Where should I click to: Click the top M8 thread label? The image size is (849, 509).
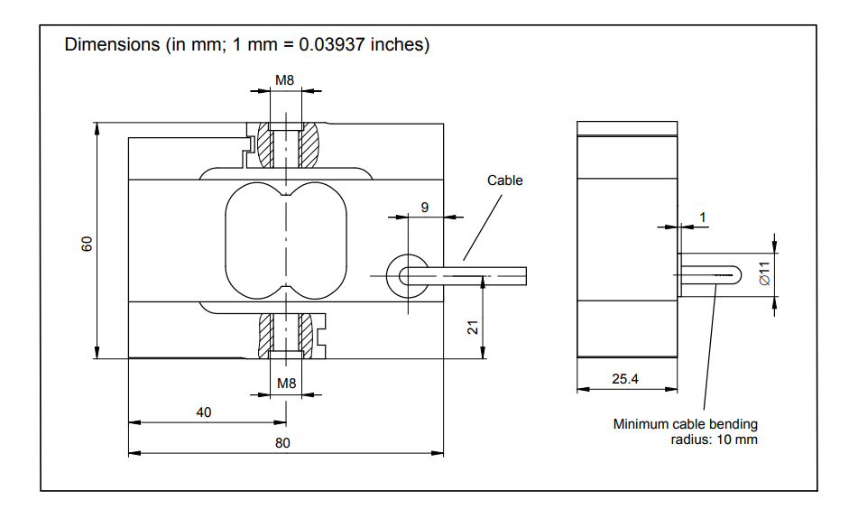[285, 80]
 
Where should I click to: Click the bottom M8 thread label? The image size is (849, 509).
[286, 384]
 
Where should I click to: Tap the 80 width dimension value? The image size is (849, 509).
[282, 443]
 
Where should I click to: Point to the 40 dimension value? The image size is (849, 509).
[204, 412]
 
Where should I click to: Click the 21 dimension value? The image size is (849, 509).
[473, 327]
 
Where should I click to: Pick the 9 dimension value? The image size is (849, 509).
[425, 207]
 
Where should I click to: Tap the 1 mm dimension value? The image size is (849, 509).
[703, 217]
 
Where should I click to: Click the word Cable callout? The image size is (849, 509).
[505, 180]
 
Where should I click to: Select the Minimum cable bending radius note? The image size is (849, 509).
[686, 431]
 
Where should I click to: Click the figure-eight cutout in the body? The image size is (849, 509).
[285, 240]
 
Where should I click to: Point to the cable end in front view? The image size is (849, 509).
[514, 273]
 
